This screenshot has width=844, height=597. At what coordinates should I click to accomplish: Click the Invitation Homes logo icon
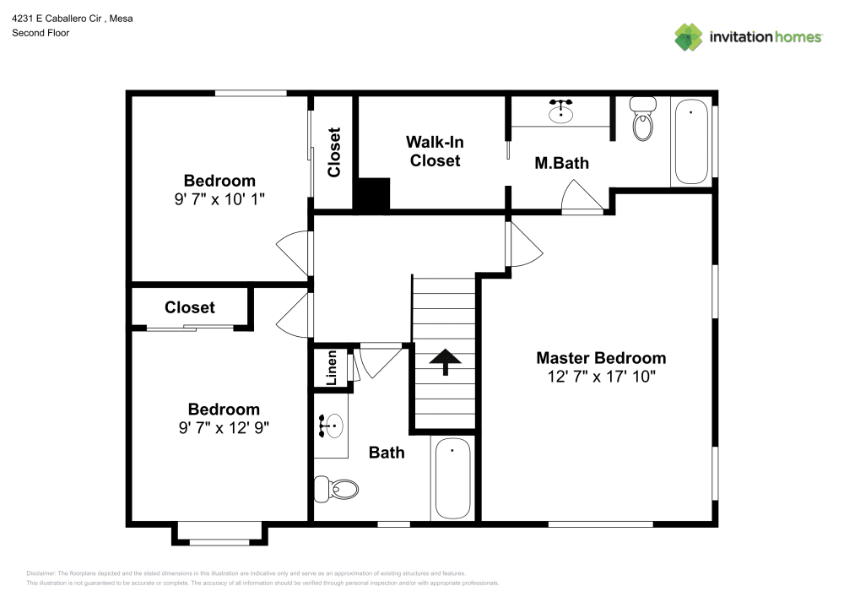[689, 36]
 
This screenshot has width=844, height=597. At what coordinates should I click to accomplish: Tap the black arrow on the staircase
[445, 361]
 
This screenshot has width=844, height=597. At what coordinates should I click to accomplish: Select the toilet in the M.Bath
[644, 120]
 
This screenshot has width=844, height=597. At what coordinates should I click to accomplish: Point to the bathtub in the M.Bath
[691, 142]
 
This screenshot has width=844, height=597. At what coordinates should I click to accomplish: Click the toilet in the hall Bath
[337, 487]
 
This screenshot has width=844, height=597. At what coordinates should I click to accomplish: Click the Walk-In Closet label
[435, 151]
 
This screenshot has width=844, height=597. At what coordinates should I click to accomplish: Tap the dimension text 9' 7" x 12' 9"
[223, 427]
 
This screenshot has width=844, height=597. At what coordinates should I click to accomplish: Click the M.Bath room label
[561, 163]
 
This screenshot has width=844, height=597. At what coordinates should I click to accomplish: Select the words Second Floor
[41, 33]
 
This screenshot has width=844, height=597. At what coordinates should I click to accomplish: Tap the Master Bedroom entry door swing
[523, 246]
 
